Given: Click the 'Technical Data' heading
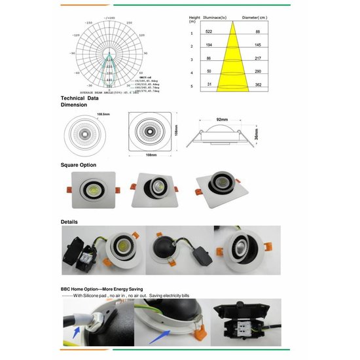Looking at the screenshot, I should pos(79,98).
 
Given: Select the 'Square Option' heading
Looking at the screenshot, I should pos(78,165).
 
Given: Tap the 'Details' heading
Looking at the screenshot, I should pos(69,222).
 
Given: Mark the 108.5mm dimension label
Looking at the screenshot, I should pos(85,113).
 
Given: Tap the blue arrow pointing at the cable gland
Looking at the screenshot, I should pos(76,334).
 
